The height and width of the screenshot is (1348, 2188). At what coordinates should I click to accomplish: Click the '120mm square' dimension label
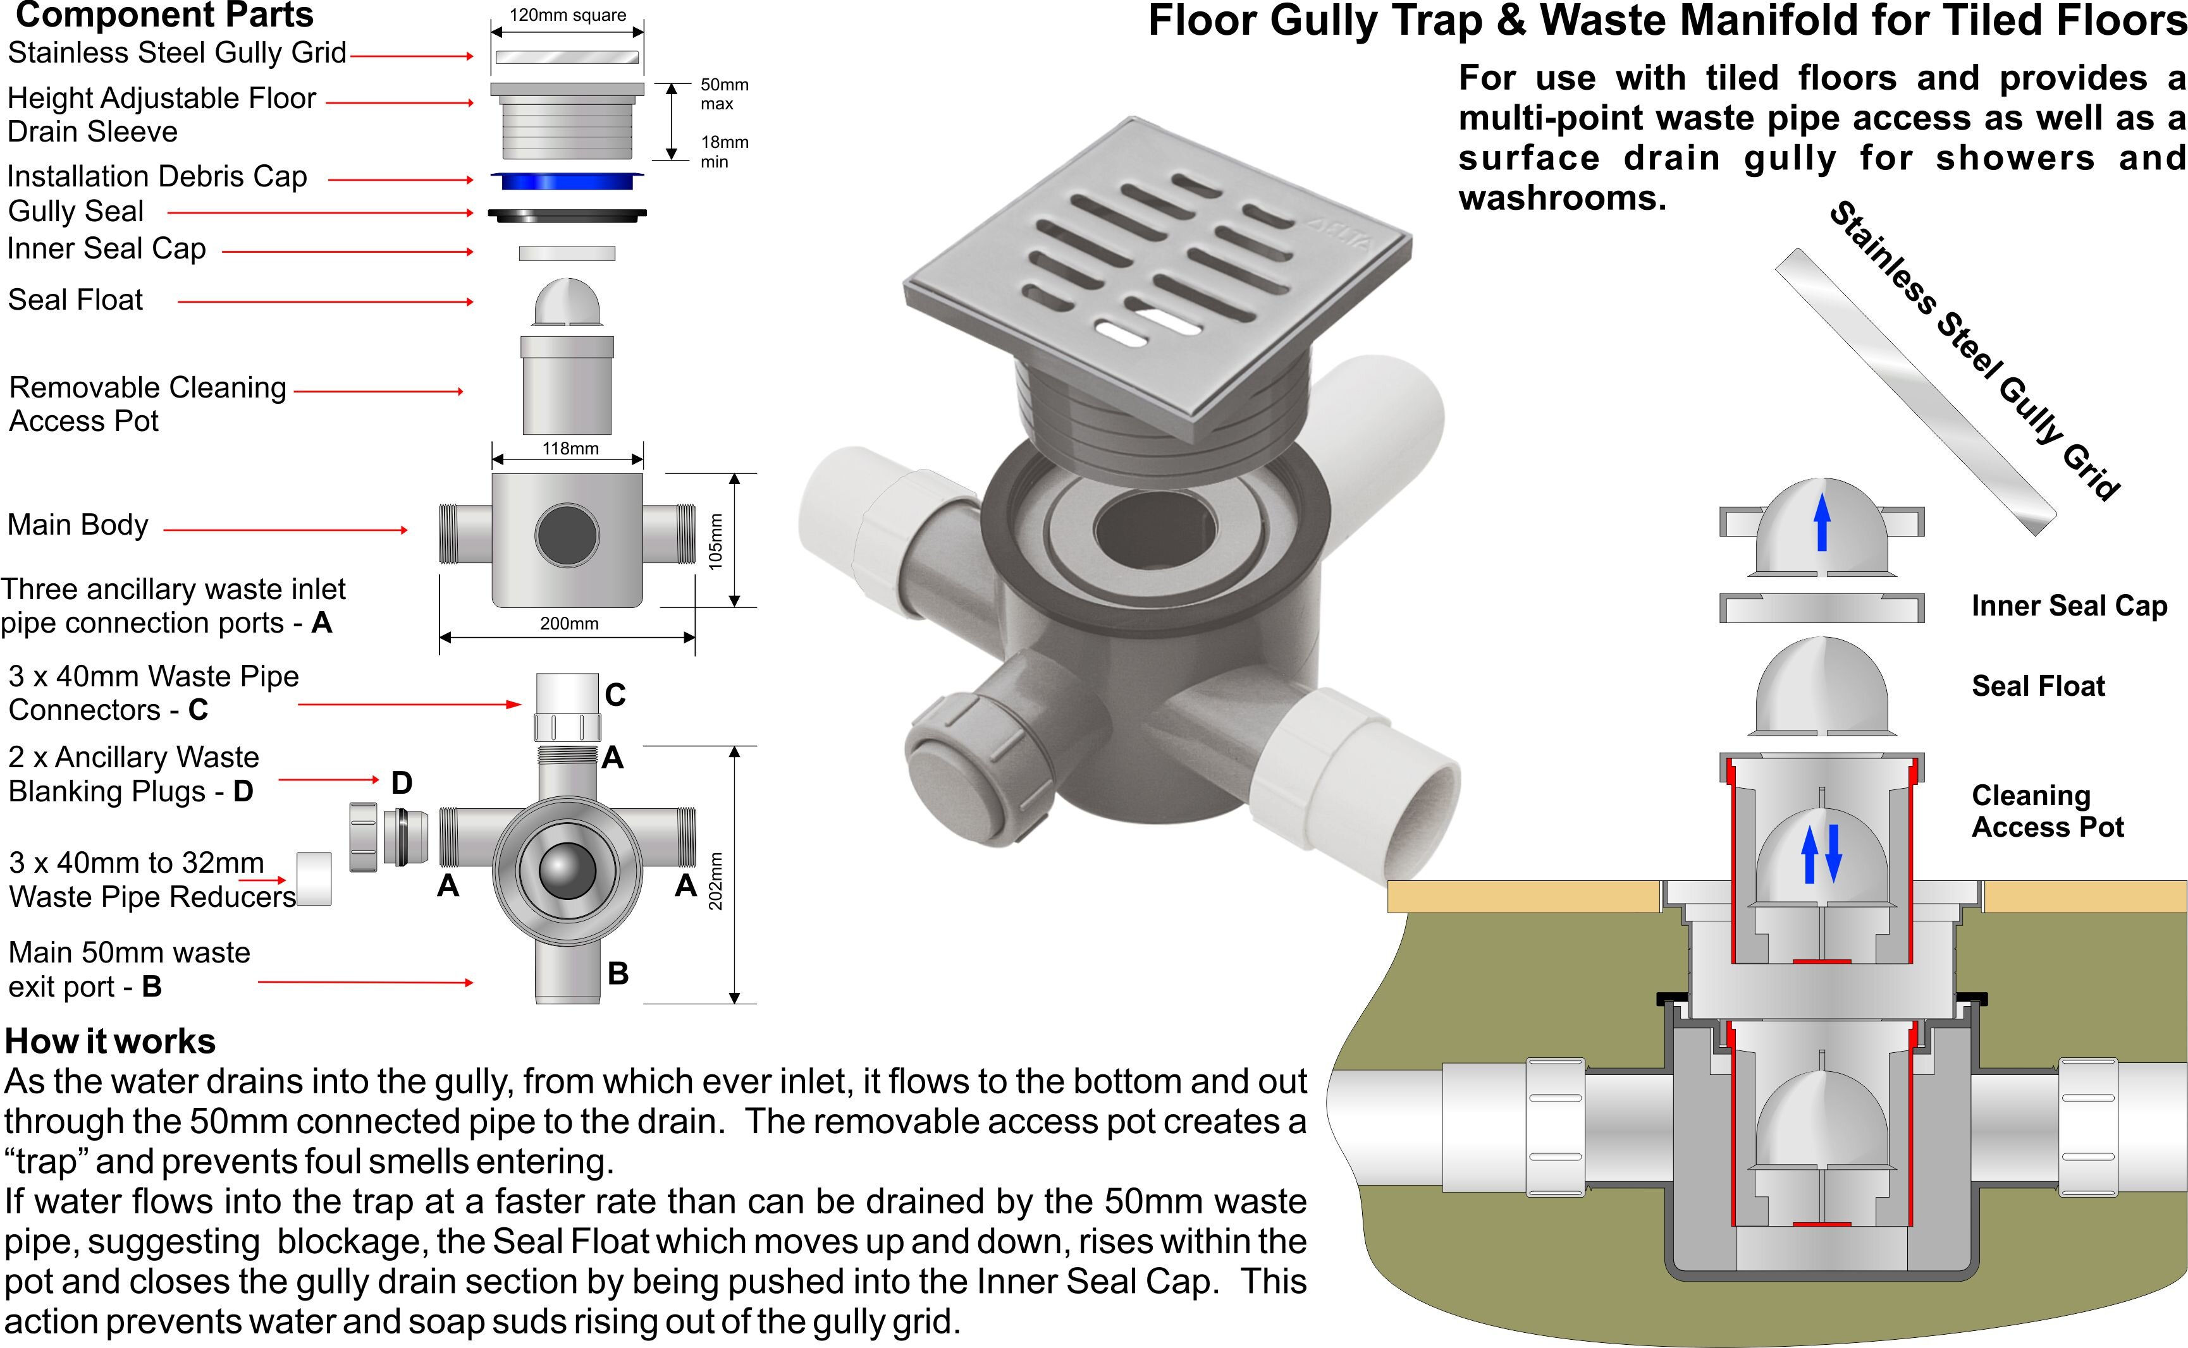click(x=567, y=15)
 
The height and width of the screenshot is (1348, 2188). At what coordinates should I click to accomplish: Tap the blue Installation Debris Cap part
click(x=567, y=181)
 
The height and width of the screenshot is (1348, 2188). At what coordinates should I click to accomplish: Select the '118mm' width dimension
click(x=570, y=449)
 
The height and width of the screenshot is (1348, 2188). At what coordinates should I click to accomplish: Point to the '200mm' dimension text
click(x=569, y=623)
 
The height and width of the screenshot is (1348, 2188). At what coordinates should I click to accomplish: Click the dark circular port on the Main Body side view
click(x=567, y=535)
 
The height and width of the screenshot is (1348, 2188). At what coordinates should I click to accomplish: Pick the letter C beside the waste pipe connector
click(x=615, y=695)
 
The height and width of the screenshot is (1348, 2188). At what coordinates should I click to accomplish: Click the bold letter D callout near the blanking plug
click(x=402, y=784)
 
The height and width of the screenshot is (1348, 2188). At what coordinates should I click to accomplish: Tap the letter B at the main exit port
click(x=618, y=973)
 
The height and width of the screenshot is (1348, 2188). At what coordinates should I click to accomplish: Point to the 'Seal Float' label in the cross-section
click(x=2037, y=686)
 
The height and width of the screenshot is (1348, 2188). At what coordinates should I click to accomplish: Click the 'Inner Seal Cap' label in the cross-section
click(x=2068, y=606)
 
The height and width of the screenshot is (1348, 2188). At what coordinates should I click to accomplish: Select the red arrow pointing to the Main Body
click(x=285, y=530)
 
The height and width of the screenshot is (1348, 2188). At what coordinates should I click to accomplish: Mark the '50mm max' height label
click(x=723, y=94)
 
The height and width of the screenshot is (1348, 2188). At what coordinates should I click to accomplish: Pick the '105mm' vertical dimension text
click(x=715, y=541)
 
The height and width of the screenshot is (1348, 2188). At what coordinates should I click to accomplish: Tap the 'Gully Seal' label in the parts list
click(x=76, y=211)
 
